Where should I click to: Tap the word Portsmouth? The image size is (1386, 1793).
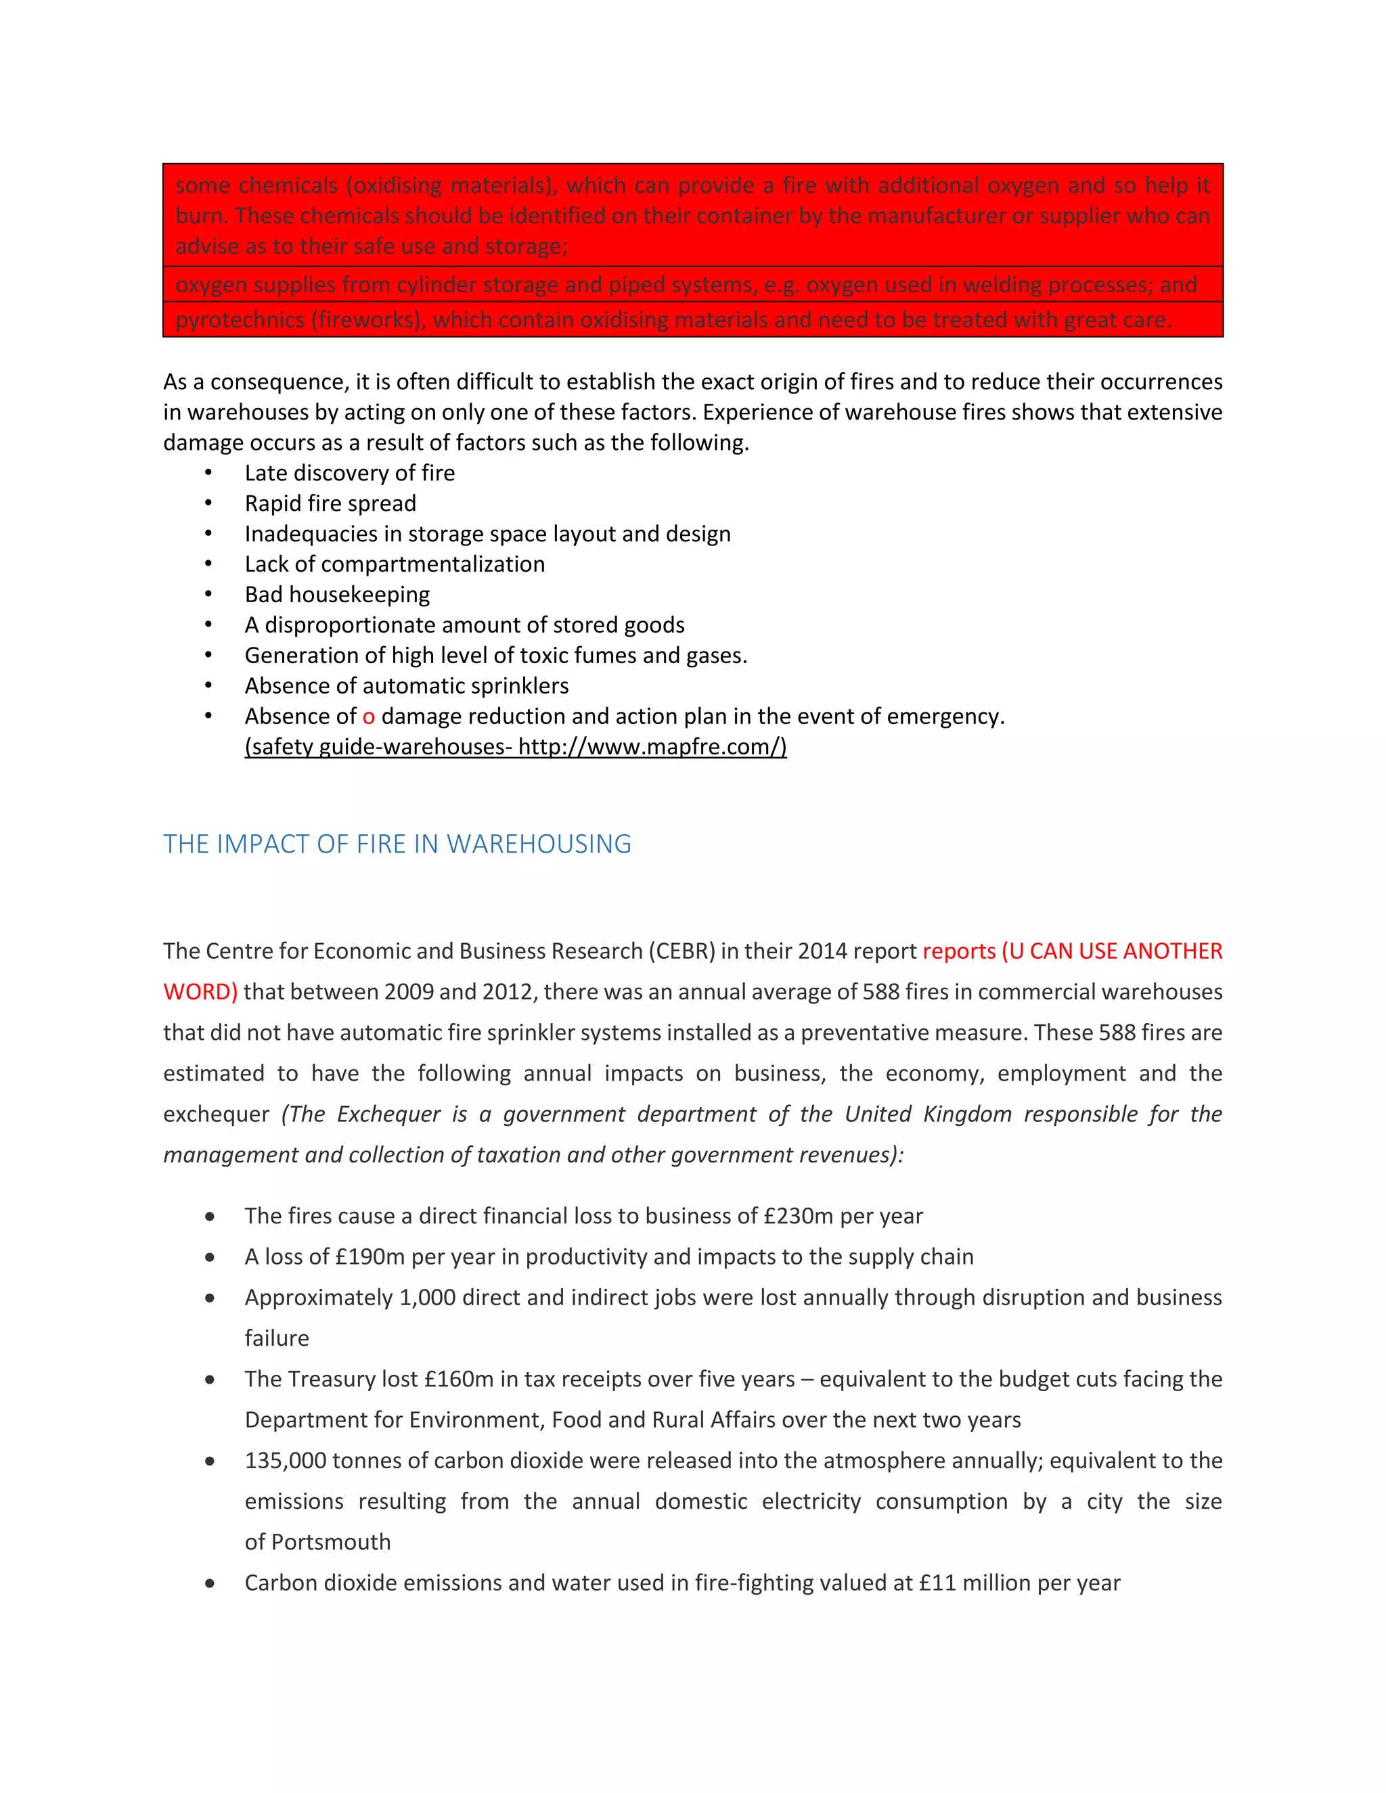[331, 1542]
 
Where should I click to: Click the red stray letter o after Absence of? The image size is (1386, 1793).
[369, 717]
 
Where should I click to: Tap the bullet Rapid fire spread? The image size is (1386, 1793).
[330, 503]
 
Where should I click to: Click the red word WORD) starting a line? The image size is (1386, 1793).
[200, 992]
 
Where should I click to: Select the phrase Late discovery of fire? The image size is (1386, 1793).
[349, 473]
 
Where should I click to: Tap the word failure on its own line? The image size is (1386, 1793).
[277, 1338]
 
